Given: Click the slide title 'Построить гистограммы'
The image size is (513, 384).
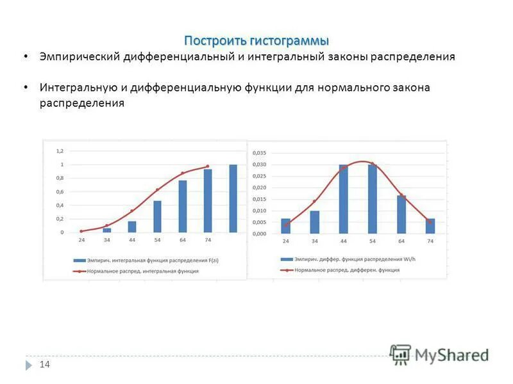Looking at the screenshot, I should coord(256,41).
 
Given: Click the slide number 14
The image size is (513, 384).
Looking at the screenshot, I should coord(45,364).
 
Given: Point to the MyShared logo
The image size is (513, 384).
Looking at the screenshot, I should coord(440,355).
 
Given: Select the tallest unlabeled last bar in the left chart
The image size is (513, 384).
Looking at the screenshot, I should coord(233,198).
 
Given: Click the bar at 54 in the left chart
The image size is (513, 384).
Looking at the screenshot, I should coord(157,216).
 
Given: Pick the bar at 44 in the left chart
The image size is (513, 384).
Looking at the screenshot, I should coord(132,227).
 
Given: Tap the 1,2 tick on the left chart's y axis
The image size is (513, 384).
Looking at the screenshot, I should coord(60,151).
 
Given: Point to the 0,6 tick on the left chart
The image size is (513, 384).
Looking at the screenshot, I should coord(60,192).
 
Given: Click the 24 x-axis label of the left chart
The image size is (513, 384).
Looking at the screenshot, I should coord(81,240).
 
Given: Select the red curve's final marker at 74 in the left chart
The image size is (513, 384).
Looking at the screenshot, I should coord(207,166).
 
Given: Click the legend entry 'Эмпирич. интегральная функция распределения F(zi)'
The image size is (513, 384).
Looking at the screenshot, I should coord(150,260).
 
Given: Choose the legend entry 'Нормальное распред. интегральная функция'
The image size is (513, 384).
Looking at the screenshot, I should coord(144,271).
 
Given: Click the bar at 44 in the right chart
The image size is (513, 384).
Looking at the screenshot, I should coord(344,199).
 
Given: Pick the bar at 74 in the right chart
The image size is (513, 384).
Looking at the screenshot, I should coord(430,226).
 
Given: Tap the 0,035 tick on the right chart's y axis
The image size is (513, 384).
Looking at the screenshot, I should coord(259,153).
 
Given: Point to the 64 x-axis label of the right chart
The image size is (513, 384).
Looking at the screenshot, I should coord(401,241).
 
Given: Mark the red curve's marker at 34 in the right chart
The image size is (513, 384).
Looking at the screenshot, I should coord(315,201).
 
